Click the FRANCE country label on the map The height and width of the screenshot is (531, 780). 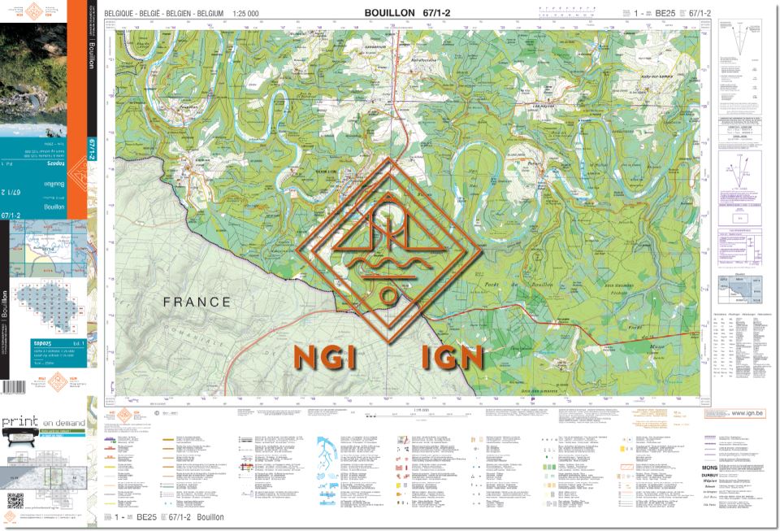pyautogui.click(x=197, y=302)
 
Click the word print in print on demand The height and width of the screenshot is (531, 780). pyautogui.click(x=20, y=422)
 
